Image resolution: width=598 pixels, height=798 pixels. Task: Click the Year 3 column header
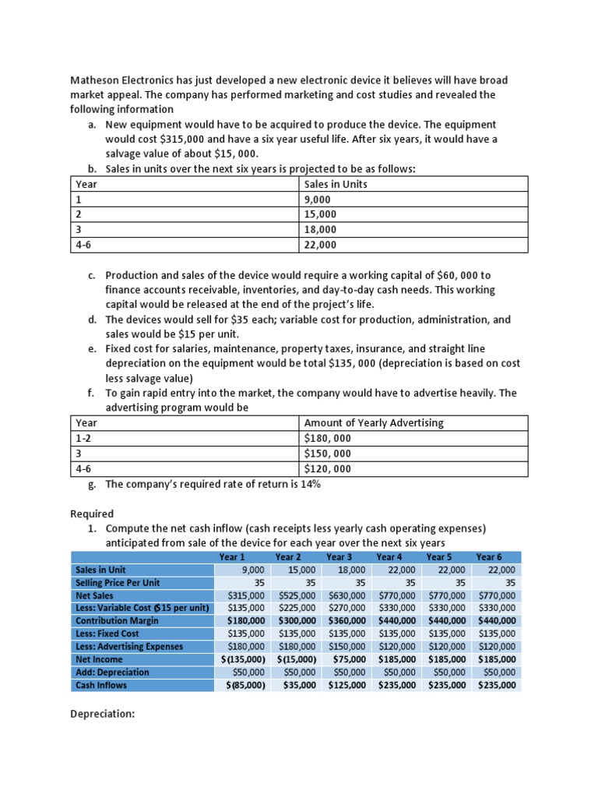click(339, 556)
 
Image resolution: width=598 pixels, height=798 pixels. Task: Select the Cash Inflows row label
click(101, 685)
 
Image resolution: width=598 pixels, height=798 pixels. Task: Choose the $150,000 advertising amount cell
click(328, 454)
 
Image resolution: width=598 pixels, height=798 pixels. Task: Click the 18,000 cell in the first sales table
click(320, 230)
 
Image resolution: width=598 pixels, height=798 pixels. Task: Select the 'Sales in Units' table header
click(336, 185)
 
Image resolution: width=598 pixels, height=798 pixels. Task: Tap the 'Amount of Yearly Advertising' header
click(374, 423)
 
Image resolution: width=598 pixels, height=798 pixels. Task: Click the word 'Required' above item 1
click(92, 514)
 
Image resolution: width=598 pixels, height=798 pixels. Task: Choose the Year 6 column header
click(489, 556)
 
